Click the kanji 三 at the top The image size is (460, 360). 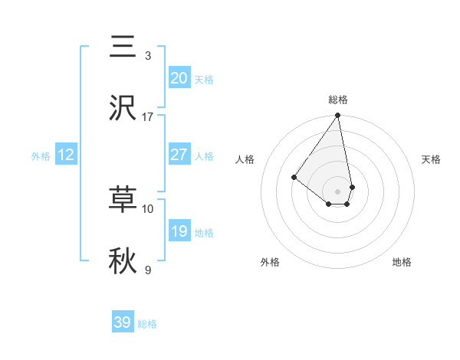coord(123,47)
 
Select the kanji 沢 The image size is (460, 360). coord(123,108)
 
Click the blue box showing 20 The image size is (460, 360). coord(179,78)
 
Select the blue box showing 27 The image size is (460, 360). coord(179,155)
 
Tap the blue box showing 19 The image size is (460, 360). coord(179,231)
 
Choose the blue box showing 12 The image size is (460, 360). coord(66,155)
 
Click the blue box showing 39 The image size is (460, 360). coord(123,322)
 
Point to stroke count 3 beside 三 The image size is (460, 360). coord(148,56)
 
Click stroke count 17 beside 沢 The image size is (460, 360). coord(148,117)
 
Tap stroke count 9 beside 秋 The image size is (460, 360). coord(148,270)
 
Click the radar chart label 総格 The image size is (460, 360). coord(337,100)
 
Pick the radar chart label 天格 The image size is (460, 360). coord(432,159)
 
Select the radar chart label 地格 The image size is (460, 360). coord(402,262)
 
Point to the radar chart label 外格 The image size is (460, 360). coord(270,262)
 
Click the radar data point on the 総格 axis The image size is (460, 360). coord(337,116)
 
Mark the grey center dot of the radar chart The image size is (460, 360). coord(337,191)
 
